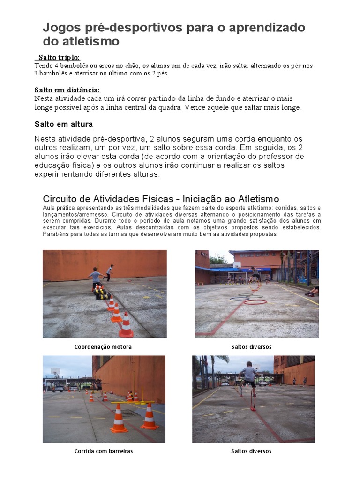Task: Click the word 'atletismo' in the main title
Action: tap(88, 42)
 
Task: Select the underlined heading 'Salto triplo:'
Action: tap(59, 57)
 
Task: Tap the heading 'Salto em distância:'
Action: tap(67, 90)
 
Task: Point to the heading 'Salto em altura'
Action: tap(64, 124)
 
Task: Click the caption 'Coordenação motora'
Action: tap(103, 347)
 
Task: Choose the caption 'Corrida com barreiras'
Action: tap(103, 451)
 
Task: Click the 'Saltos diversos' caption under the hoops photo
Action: tap(251, 347)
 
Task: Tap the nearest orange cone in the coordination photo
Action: tap(126, 326)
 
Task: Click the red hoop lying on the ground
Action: tap(255, 302)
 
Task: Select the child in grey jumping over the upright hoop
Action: tap(248, 375)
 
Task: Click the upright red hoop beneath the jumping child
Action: tap(253, 402)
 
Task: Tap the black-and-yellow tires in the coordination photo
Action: tap(101, 293)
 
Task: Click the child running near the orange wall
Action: tap(109, 272)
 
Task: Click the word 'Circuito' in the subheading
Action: tap(60, 198)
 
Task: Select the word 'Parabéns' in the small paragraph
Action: tap(54, 234)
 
